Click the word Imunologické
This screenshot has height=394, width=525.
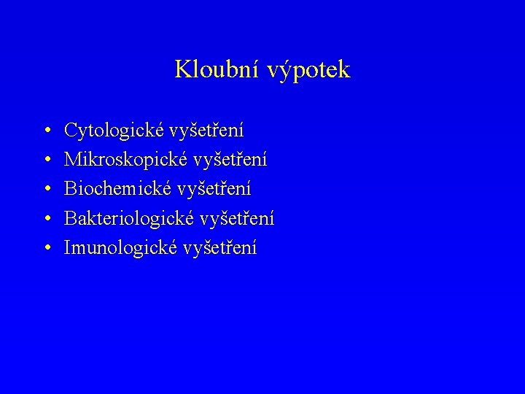(120, 247)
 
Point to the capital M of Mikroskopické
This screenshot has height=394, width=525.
(73, 159)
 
